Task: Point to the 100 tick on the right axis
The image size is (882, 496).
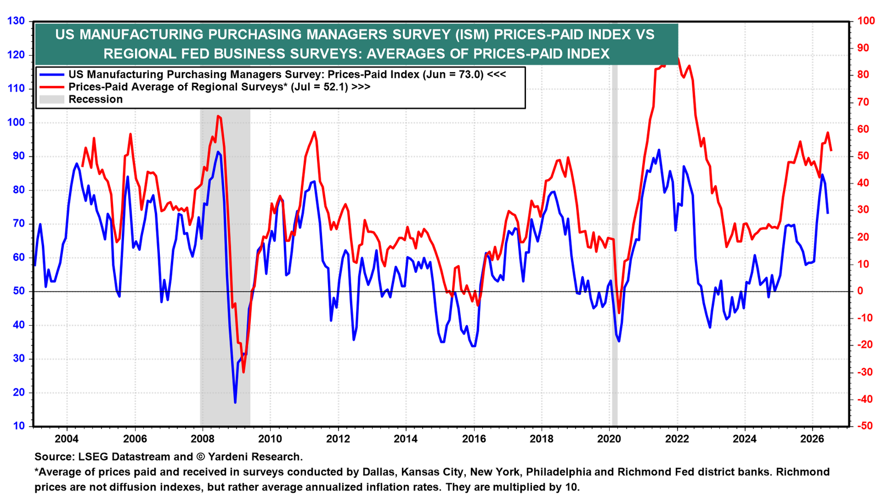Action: coord(863,21)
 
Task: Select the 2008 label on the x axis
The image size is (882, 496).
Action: coord(202,439)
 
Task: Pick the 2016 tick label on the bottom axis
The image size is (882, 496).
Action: coord(474,439)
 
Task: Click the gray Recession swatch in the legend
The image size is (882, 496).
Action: coord(52,99)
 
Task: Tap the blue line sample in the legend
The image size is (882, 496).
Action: coord(52,75)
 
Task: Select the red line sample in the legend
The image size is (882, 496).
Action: coord(52,87)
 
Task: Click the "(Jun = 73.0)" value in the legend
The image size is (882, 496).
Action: coord(453,75)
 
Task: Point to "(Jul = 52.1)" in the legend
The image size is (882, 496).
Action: coord(319,87)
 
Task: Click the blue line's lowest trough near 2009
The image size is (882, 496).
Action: coord(235,402)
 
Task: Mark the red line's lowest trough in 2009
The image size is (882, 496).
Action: coord(243,372)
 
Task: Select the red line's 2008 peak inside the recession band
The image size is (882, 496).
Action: coord(218,116)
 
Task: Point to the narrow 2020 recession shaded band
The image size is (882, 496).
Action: coord(615,244)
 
